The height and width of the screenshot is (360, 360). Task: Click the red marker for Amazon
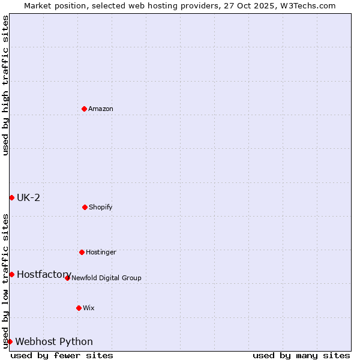point(84,109)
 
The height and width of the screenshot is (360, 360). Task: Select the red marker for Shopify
point(85,207)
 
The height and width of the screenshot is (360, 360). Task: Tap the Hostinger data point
point(82,252)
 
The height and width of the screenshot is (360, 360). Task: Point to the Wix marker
point(79,308)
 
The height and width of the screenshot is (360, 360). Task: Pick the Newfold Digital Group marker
point(67,278)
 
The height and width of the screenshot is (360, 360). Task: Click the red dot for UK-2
point(11,197)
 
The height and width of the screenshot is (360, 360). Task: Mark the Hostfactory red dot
point(11,274)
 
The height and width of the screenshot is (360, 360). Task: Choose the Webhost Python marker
point(10,341)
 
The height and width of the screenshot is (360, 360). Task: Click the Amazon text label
point(101,109)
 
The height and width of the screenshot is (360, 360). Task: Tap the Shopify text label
point(101,207)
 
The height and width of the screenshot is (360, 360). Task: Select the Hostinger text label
point(101,252)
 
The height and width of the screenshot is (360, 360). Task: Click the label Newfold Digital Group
point(106,278)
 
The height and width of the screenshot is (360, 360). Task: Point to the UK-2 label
point(28,197)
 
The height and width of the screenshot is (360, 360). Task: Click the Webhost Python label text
point(54,341)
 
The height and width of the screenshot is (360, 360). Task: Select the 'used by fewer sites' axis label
point(62,355)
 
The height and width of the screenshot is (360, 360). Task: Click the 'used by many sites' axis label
point(301,355)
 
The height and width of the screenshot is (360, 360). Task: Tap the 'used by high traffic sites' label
point(5,86)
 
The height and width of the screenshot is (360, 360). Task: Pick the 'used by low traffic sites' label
point(5,280)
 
